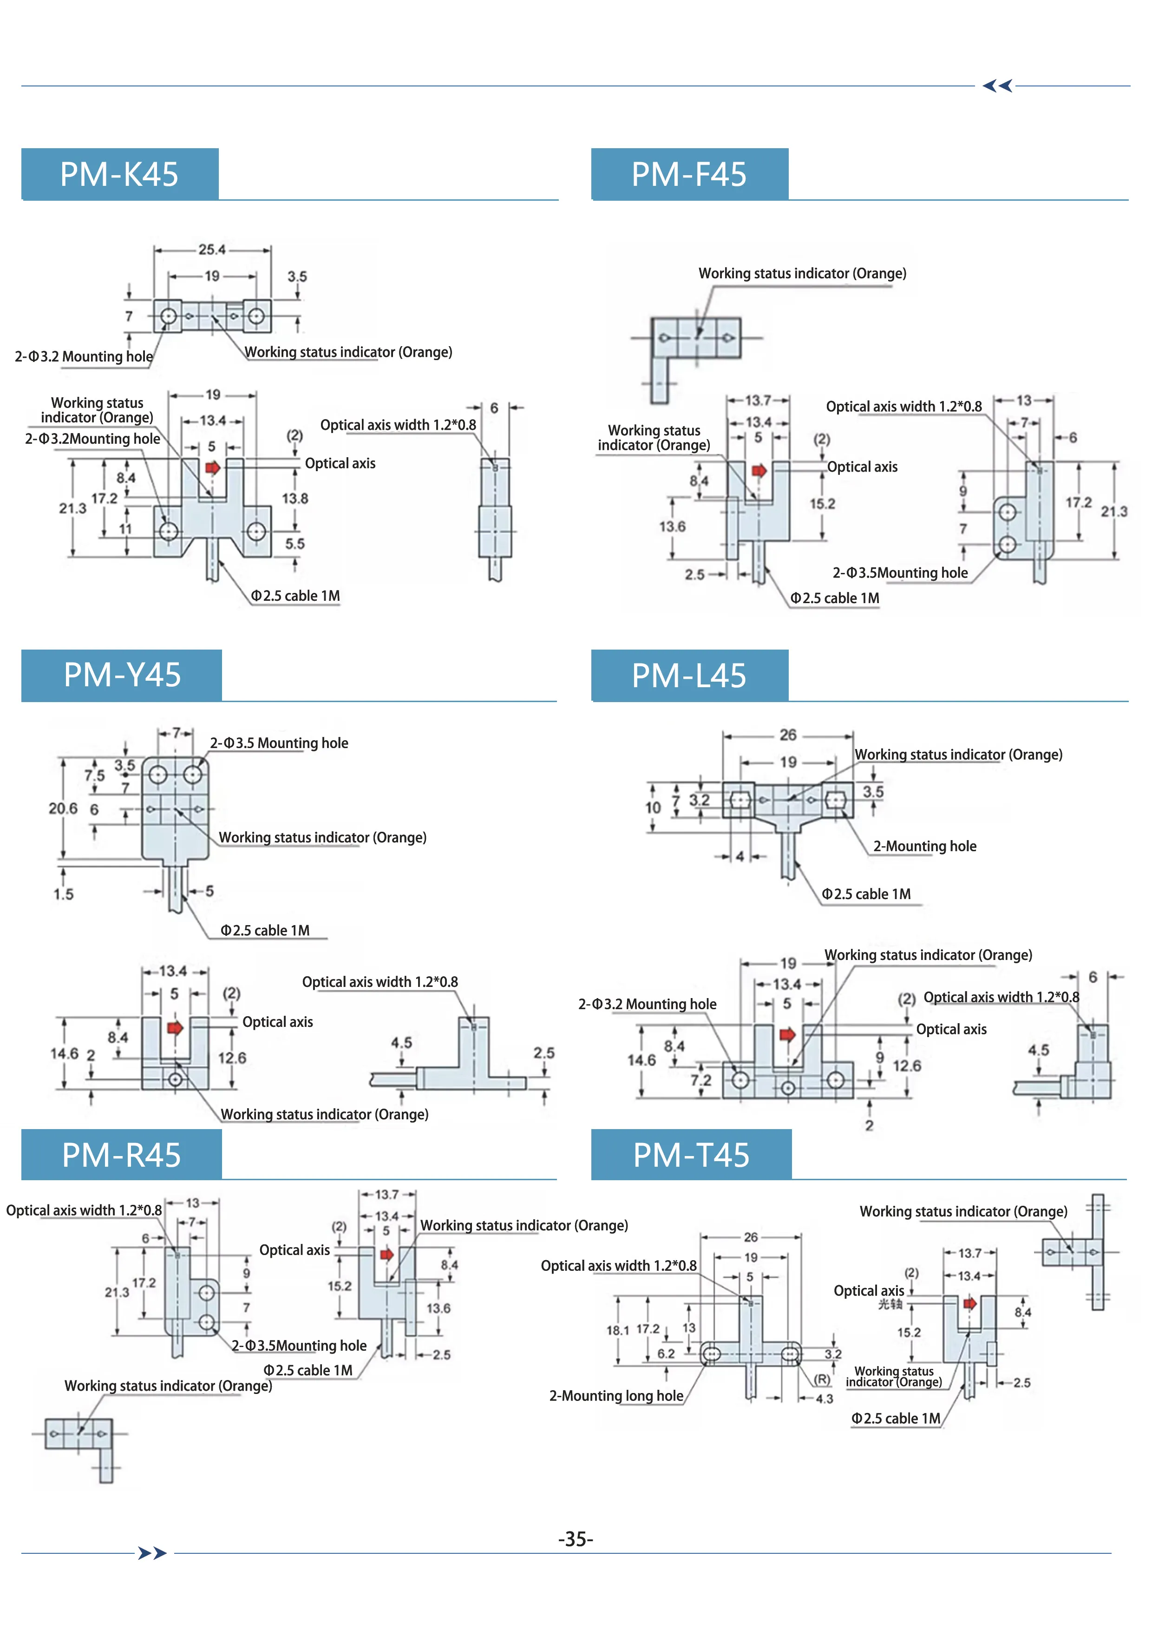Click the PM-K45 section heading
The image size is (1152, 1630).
coord(119,174)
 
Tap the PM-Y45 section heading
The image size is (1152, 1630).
coord(122,674)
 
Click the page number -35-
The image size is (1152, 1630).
coord(576,1539)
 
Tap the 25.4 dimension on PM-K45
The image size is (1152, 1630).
coord(211,250)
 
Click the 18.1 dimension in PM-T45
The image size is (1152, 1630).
coord(617,1330)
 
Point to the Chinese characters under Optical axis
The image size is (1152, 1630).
coord(890,1304)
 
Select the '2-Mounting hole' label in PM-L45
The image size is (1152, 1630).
coord(924,846)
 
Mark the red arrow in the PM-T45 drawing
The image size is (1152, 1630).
coord(969,1303)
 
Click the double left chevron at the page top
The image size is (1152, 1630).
coord(997,86)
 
